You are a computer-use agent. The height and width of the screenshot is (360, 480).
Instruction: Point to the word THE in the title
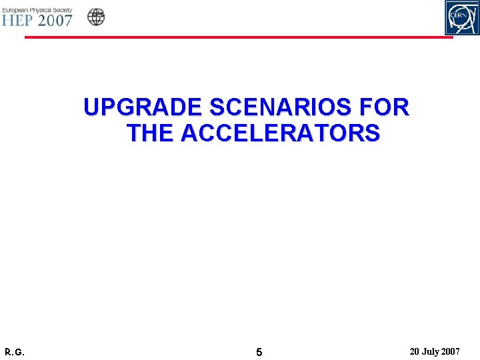pyautogui.click(x=150, y=133)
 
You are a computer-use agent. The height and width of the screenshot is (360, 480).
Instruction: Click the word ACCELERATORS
pyautogui.click(x=280, y=133)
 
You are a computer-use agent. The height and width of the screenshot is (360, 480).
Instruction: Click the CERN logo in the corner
pyautogui.click(x=462, y=18)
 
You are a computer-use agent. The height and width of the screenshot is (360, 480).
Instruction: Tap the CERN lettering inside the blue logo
pyautogui.click(x=461, y=14)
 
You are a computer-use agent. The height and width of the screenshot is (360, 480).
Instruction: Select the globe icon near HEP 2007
pyautogui.click(x=97, y=17)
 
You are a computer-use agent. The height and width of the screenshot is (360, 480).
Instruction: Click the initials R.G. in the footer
pyautogui.click(x=14, y=351)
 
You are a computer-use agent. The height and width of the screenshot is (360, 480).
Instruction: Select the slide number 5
pyautogui.click(x=259, y=351)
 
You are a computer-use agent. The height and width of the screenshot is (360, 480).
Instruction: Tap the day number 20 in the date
pyautogui.click(x=415, y=351)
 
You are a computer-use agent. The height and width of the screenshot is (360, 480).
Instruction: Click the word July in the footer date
pyautogui.click(x=431, y=351)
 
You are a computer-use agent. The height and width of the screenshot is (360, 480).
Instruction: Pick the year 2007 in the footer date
pyautogui.click(x=451, y=351)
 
